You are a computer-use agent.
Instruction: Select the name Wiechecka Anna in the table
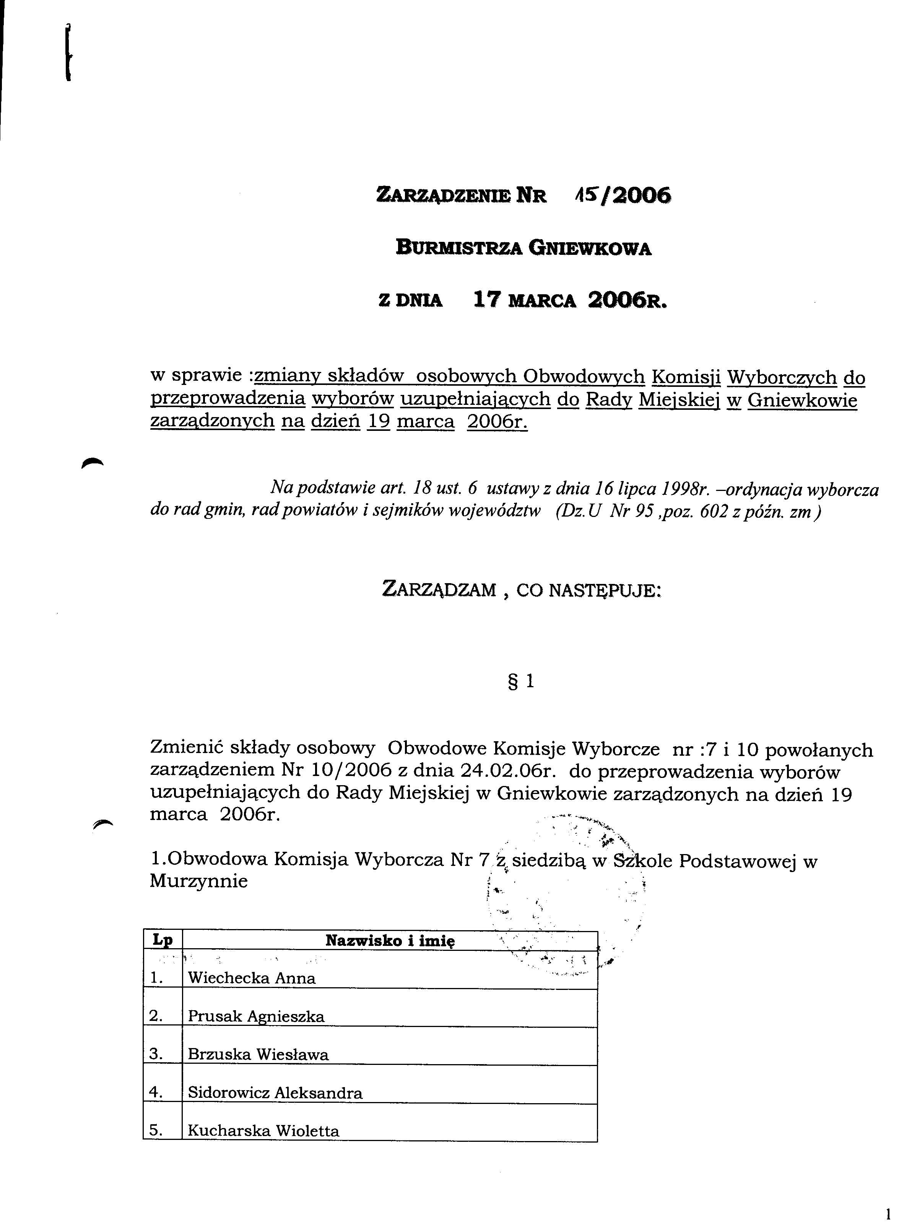[x=251, y=978]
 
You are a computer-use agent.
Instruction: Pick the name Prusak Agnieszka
[x=256, y=1016]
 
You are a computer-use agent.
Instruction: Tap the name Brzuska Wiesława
[x=258, y=1055]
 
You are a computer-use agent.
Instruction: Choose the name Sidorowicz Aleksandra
[x=275, y=1092]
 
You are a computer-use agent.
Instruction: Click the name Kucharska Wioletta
[x=263, y=1131]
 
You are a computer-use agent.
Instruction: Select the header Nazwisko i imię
[x=390, y=940]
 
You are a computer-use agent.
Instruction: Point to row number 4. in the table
[x=157, y=1092]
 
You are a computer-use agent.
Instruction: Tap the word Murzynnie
[x=198, y=881]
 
